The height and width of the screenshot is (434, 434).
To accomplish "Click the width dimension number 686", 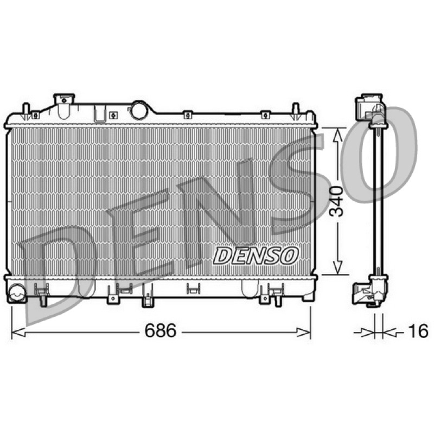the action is click(161, 330).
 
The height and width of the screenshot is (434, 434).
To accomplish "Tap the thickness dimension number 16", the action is click(418, 331).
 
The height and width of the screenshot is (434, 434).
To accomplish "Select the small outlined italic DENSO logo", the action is click(256, 255).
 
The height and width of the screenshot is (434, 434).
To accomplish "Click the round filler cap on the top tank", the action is click(139, 111).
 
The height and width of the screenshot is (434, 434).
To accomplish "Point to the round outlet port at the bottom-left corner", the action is click(17, 293).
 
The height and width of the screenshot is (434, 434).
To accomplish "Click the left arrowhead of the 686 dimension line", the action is click(18, 332).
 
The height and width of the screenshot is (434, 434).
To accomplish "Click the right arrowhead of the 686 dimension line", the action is click(303, 332).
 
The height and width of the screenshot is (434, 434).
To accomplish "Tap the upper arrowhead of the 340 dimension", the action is click(337, 136).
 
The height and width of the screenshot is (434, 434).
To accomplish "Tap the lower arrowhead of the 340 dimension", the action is click(337, 267).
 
